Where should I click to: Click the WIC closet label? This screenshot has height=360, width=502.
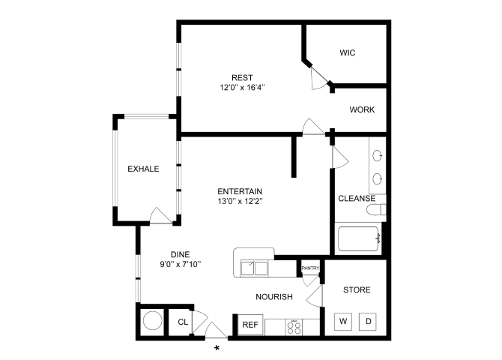click(347, 53)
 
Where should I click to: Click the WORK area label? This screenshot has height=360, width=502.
click(362, 109)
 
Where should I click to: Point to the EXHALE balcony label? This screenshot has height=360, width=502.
click(143, 169)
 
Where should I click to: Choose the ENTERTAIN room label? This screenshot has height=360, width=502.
click(240, 190)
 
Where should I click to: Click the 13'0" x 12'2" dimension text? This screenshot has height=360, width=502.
click(240, 201)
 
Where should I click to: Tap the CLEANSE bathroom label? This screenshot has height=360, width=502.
click(357, 199)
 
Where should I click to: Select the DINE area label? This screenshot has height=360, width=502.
click(180, 253)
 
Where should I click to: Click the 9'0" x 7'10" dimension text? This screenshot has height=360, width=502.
click(180, 264)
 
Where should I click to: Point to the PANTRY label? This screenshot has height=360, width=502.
click(310, 268)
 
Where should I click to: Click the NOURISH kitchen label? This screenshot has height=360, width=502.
click(273, 297)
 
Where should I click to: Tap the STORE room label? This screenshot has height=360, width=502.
click(357, 289)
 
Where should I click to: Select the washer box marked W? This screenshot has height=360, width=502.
click(343, 322)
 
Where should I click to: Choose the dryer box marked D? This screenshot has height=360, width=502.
click(369, 322)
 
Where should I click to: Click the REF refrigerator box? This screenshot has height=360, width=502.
click(250, 325)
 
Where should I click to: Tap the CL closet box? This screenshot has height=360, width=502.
click(182, 322)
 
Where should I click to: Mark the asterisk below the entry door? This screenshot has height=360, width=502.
click(217, 348)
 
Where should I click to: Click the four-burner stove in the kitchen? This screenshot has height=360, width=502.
click(294, 326)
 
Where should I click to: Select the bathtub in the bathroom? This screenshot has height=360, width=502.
click(360, 240)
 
